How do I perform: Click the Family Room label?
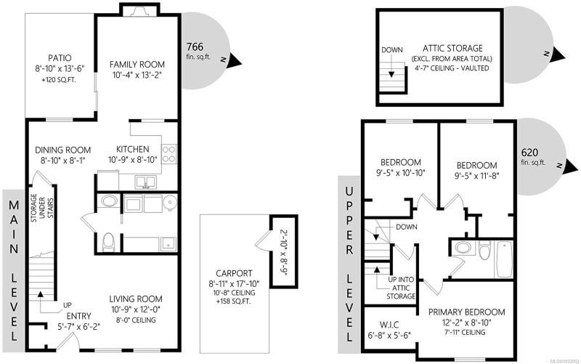[x=137, y=65]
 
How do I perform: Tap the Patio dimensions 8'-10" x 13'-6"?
[x=60, y=68]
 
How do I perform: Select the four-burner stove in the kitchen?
[x=169, y=154]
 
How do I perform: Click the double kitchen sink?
[x=146, y=182]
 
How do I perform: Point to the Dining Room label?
[x=62, y=150]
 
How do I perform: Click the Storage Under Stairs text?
[x=42, y=209]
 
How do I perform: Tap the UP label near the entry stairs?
[x=67, y=305]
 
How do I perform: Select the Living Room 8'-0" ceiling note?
[x=136, y=320]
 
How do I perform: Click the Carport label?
[x=234, y=274]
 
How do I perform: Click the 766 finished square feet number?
[x=195, y=46]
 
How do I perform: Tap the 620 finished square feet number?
[x=529, y=153]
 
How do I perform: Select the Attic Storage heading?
[x=452, y=48]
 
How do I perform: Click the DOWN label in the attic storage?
[x=392, y=49]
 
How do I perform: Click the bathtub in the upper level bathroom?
[x=504, y=259]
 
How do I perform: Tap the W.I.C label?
[x=389, y=325]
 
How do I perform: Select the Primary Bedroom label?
[x=466, y=312]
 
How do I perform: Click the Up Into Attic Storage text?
[x=401, y=288]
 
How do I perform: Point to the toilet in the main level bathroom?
[x=108, y=241]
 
